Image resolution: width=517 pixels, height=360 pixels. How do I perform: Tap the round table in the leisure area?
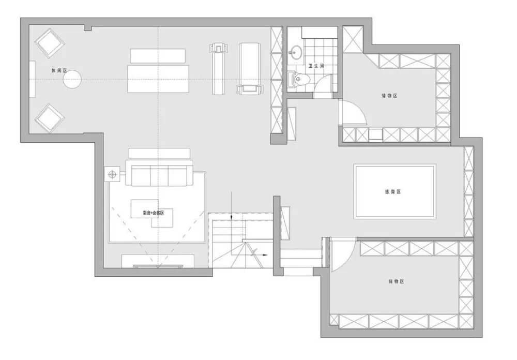(72, 79)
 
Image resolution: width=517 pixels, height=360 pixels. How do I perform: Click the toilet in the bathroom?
(300, 79)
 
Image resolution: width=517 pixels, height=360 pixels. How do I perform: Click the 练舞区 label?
(393, 191)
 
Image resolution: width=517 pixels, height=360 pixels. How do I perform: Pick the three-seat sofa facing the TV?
(161, 174)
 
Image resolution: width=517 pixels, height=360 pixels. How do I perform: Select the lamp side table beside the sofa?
(112, 174)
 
